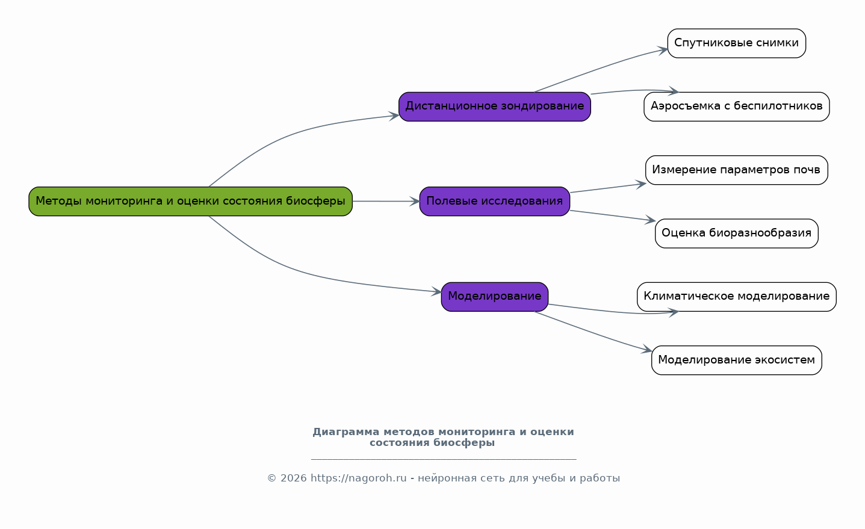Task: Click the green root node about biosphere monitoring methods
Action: pos(190,201)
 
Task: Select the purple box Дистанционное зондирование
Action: pos(495,107)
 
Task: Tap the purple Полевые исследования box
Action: pos(495,201)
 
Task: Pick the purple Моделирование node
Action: pos(495,297)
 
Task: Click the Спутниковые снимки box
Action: pos(736,43)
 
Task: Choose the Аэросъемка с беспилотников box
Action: pos(736,107)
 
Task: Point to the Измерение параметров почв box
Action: pos(736,170)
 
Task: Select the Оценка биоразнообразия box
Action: pos(736,234)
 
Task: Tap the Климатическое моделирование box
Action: pos(736,297)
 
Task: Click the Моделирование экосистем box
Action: pos(736,360)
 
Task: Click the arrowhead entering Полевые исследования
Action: pos(415,201)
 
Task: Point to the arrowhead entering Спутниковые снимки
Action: pos(663,50)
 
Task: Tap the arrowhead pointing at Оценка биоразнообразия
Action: pos(650,220)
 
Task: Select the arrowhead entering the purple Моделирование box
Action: pos(436,291)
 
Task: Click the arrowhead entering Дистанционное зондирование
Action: pos(394,116)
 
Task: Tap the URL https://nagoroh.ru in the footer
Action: pos(358,478)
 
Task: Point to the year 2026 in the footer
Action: pos(294,478)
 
